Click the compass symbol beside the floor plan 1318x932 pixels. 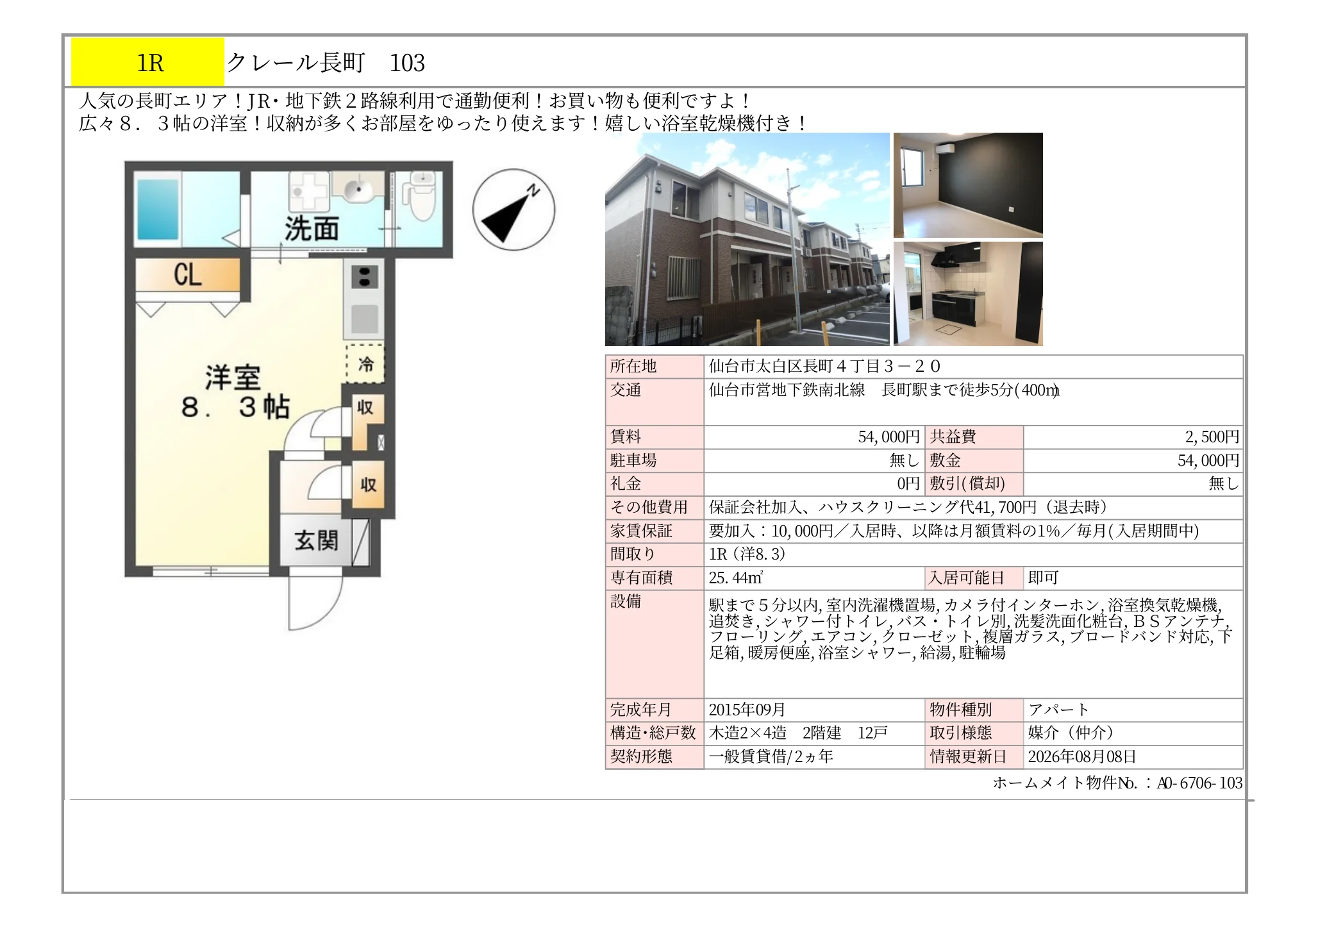(x=513, y=210)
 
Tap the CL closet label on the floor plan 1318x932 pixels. (x=187, y=275)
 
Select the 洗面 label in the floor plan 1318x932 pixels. (x=312, y=228)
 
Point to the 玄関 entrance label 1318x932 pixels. (x=316, y=540)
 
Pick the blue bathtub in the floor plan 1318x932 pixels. (x=158, y=209)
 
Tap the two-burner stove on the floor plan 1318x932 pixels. (x=364, y=278)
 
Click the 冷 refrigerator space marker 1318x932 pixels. (x=365, y=363)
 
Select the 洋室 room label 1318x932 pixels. (x=233, y=378)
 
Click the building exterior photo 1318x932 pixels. (x=747, y=239)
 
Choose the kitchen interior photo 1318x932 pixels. (x=968, y=294)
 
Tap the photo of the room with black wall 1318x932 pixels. (x=968, y=185)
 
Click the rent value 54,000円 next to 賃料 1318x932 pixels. (x=888, y=437)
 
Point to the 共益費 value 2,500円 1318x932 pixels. (x=1212, y=437)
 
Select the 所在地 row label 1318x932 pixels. (x=633, y=366)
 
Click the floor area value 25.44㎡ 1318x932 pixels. (x=735, y=578)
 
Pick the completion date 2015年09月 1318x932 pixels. (x=747, y=710)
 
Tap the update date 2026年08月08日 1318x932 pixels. (x=1082, y=756)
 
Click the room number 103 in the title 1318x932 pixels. (x=407, y=63)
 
